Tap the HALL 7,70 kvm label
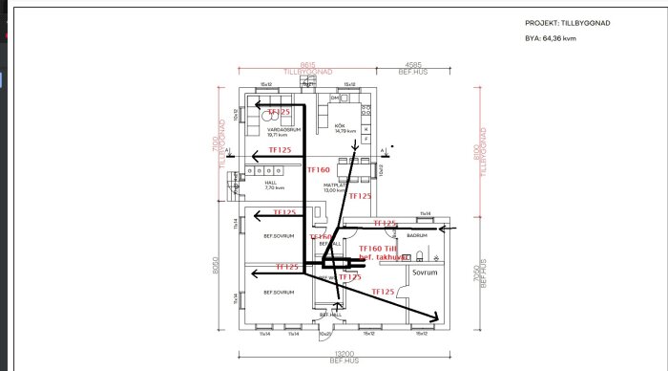click(x=273, y=185)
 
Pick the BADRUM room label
click(x=417, y=234)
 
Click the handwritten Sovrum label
click(x=425, y=272)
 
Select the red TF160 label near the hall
click(x=318, y=169)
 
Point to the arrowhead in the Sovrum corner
click(x=434, y=317)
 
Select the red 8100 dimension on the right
click(x=481, y=150)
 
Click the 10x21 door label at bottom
click(x=325, y=334)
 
